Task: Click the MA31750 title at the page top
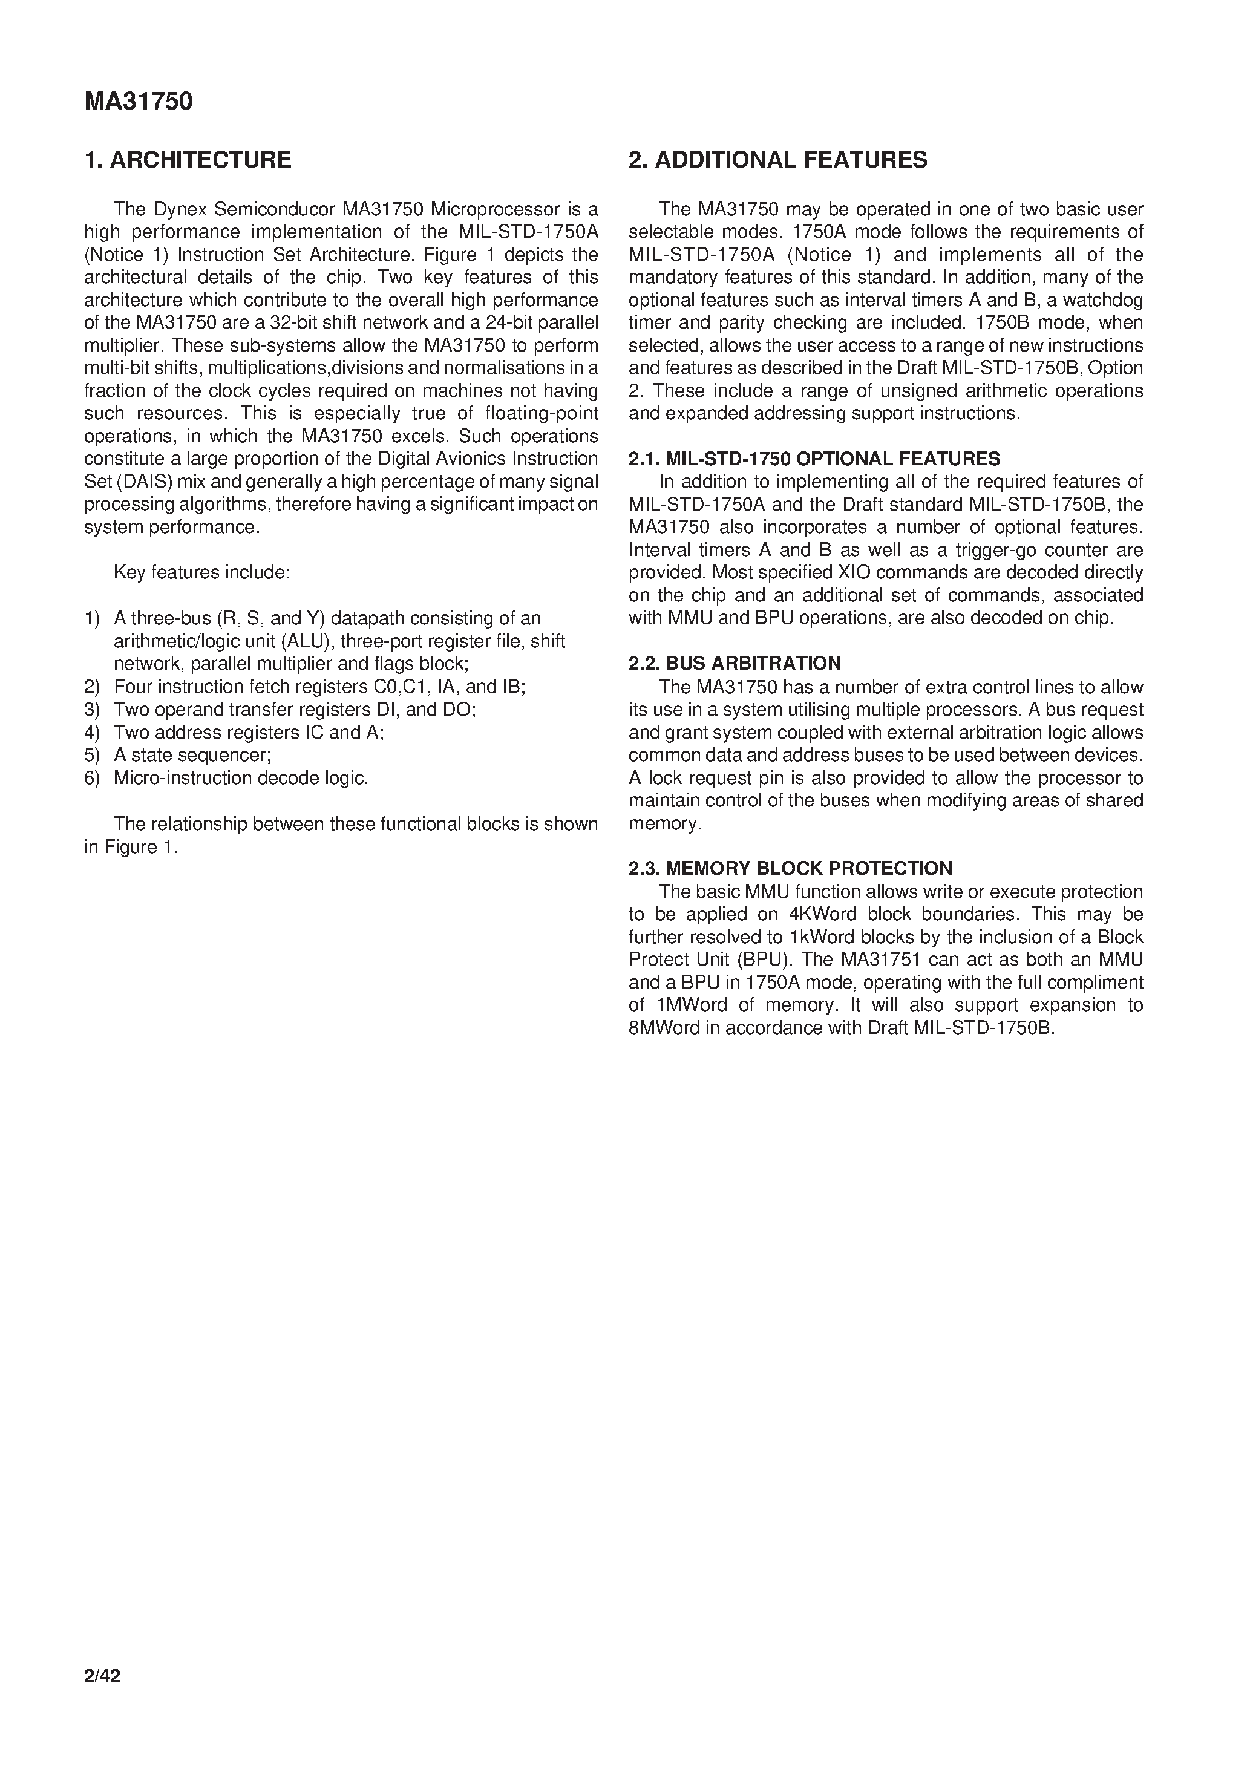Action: [138, 102]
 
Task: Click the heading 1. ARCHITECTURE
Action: [188, 160]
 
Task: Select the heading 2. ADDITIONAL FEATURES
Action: [777, 160]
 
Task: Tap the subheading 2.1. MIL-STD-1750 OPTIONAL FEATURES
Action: [814, 459]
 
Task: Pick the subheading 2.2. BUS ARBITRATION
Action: [735, 663]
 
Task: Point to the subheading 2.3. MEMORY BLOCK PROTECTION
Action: [790, 868]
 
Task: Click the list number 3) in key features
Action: [92, 710]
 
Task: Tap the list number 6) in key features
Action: [92, 778]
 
